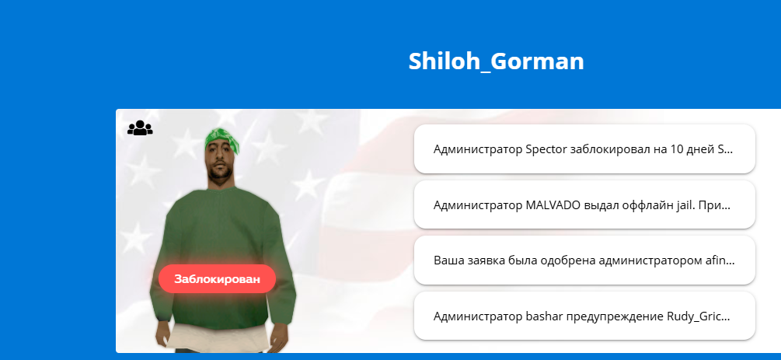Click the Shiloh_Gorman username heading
[x=496, y=62]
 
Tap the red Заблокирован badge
[x=217, y=278]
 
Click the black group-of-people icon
[x=140, y=128]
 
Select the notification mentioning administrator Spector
[x=584, y=149]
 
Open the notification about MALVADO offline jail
[x=584, y=205]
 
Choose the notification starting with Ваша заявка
[x=584, y=260]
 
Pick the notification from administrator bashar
[x=584, y=316]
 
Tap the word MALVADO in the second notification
[x=553, y=205]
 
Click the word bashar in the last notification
[x=541, y=316]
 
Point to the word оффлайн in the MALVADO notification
[x=641, y=205]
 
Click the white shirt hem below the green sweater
[x=222, y=338]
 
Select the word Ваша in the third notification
[x=446, y=260]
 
